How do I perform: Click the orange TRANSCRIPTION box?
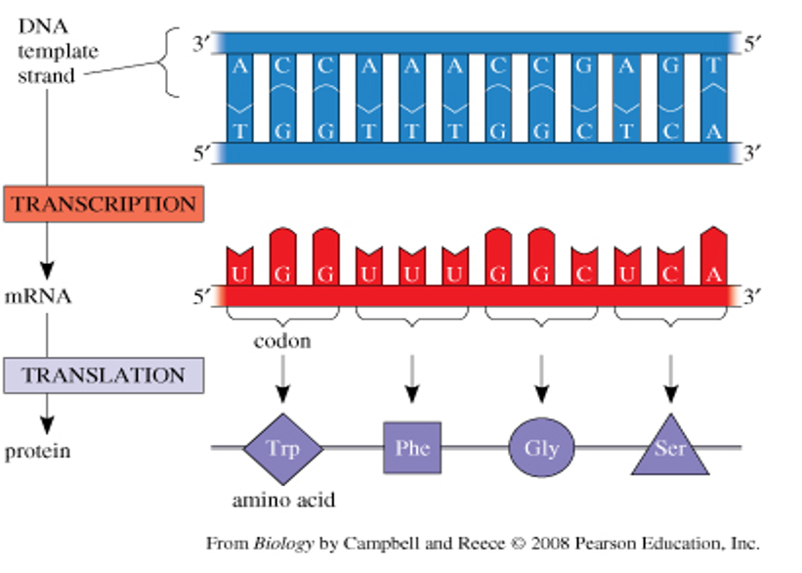click(104, 205)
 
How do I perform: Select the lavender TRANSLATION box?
click(104, 375)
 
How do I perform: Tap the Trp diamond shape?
click(282, 449)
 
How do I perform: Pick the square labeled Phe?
click(412, 449)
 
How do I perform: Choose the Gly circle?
click(540, 449)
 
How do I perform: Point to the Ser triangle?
click(670, 452)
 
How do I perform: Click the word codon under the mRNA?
click(282, 342)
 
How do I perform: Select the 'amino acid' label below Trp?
click(283, 501)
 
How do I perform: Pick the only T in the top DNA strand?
click(718, 66)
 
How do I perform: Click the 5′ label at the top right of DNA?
click(754, 44)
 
